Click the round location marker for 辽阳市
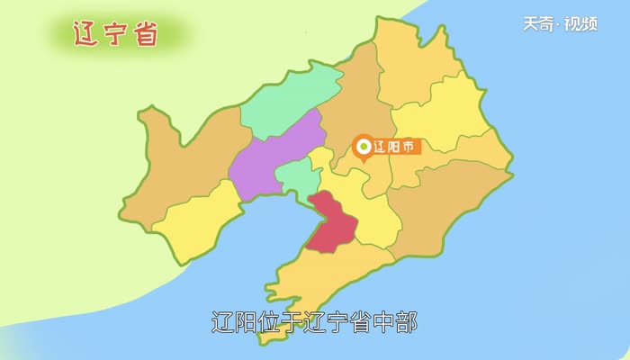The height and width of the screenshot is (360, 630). pyautogui.click(x=364, y=147)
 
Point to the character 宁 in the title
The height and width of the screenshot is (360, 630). pyautogui.click(x=118, y=34)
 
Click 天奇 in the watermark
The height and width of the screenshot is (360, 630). pyautogui.click(x=540, y=24)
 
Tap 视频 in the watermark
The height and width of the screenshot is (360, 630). pyautogui.click(x=582, y=24)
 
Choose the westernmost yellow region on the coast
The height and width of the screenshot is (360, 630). pyautogui.click(x=193, y=220)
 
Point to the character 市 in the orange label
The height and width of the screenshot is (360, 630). pyautogui.click(x=409, y=147)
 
